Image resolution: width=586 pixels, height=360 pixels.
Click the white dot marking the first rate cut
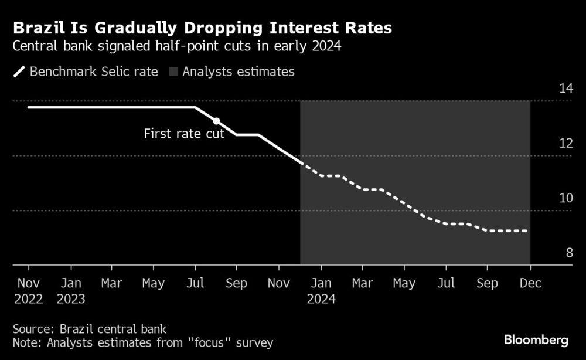click(x=216, y=121)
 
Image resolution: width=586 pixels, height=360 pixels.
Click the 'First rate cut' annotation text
click(x=184, y=134)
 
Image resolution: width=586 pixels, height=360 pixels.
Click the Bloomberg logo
click(x=536, y=339)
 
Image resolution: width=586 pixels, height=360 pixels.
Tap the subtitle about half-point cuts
click(x=178, y=47)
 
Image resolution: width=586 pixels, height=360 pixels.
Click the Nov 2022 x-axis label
click(x=28, y=291)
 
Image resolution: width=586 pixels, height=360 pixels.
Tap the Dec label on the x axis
click(x=530, y=284)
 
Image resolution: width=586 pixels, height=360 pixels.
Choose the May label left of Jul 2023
click(x=154, y=284)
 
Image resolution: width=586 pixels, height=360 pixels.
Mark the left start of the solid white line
click(x=29, y=107)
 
